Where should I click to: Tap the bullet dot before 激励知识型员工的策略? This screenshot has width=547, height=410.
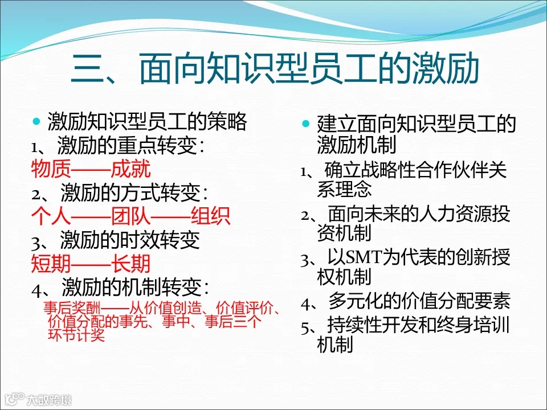[37, 122]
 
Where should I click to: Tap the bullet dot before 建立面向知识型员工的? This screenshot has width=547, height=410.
[306, 124]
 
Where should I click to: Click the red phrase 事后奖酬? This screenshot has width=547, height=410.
[66, 309]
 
